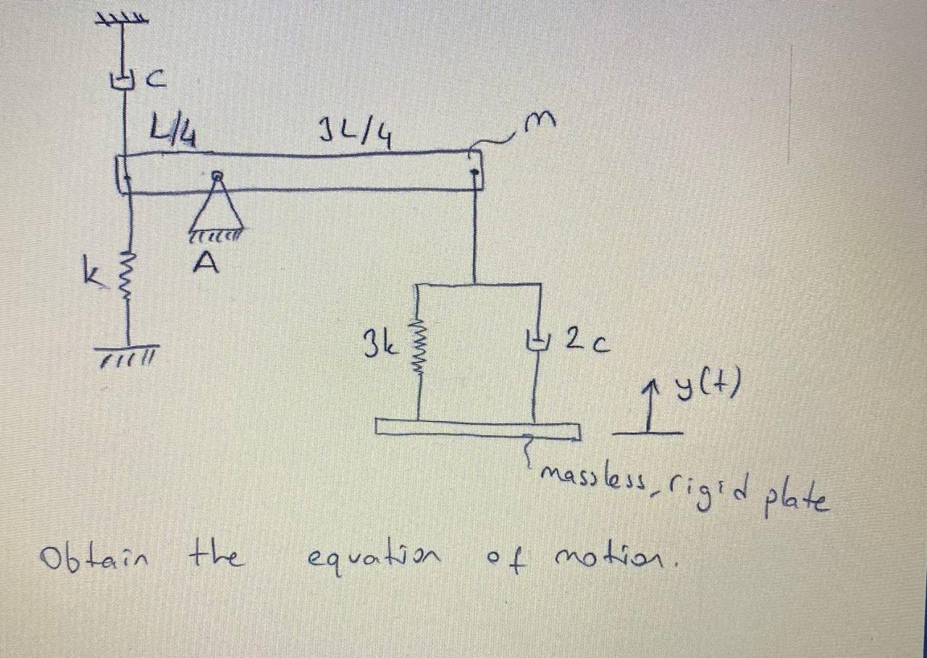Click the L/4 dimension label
coord(174,132)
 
